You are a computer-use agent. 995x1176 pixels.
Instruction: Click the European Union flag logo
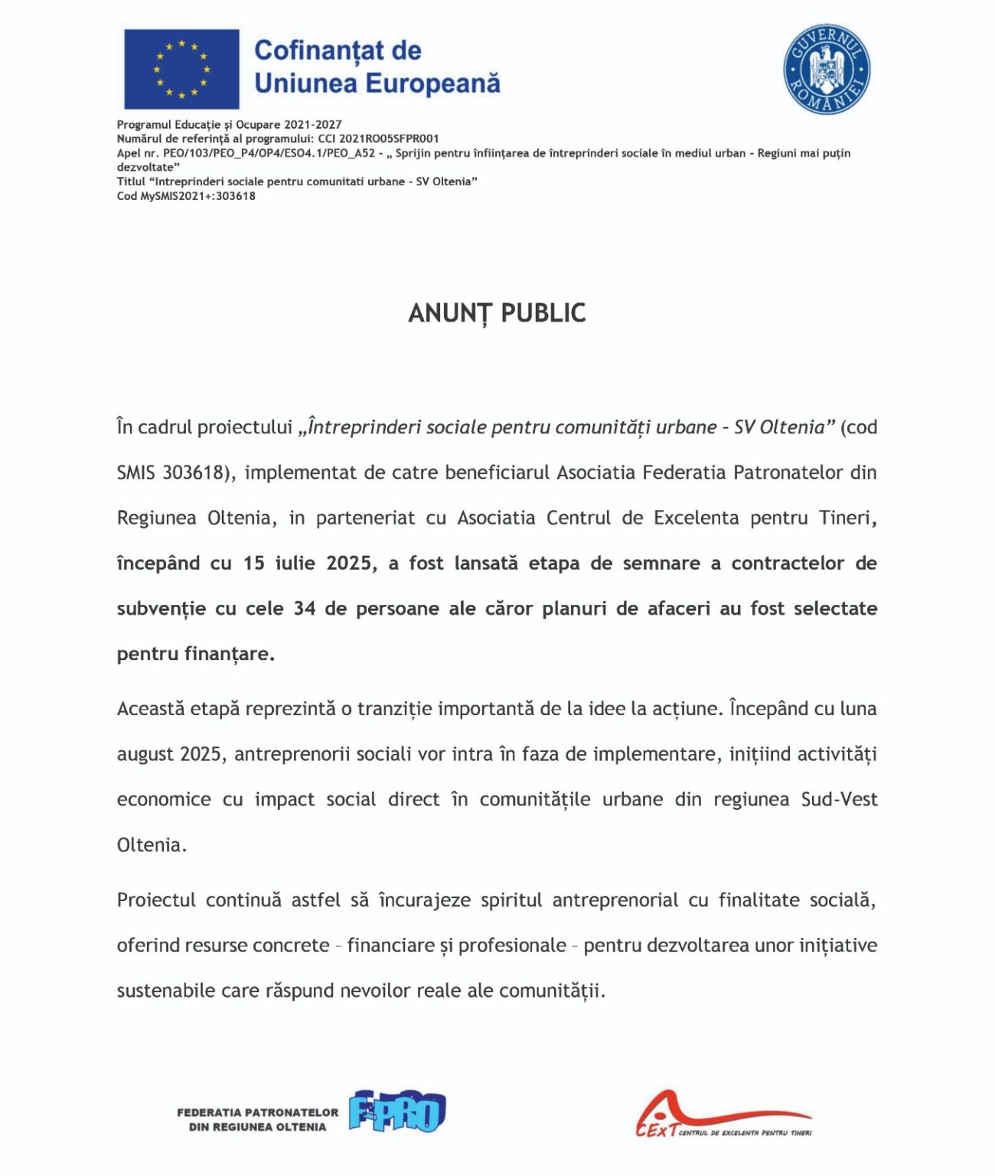181,69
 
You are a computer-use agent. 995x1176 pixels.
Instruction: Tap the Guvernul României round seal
827,69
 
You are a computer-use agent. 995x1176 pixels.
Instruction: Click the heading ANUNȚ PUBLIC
497,313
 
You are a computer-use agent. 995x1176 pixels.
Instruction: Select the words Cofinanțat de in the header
338,51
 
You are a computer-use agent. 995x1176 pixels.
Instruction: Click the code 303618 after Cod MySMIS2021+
236,196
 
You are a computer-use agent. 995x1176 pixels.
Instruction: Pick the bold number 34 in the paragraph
305,609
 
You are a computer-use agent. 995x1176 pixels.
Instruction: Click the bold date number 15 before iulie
254,563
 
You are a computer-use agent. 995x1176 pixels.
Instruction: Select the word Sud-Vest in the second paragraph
839,799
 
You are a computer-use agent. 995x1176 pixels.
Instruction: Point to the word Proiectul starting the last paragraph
156,900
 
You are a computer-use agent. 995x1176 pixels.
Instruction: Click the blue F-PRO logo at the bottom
397,1112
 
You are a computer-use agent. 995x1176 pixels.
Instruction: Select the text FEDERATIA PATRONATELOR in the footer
257,1112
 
